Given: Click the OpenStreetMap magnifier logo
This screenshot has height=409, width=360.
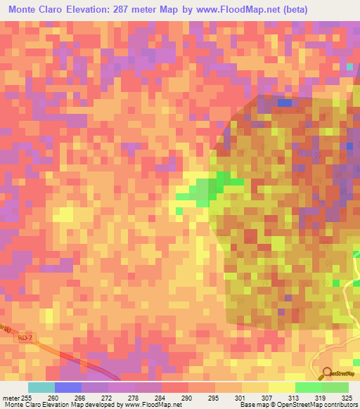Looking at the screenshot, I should pyautogui.click(x=327, y=373).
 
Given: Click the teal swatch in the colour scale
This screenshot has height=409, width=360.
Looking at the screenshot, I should pyautogui.click(x=41, y=387).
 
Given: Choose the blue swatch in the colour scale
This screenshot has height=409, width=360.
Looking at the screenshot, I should pyautogui.click(x=68, y=387).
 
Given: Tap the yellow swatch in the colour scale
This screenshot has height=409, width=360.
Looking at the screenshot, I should pyautogui.click(x=281, y=387).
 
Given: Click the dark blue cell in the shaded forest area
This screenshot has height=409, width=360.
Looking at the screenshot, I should pyautogui.click(x=284, y=103).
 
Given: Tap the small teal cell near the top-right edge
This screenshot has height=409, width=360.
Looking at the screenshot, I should pyautogui.click(x=349, y=66).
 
